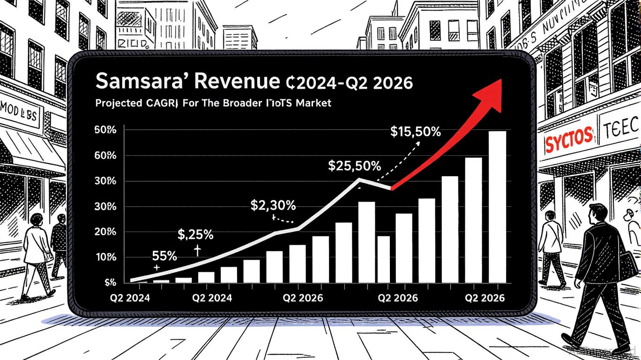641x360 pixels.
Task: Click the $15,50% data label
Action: (415, 132)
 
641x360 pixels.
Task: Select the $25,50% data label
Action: (354, 165)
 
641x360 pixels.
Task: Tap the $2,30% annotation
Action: (273, 205)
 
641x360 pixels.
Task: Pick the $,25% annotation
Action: (196, 233)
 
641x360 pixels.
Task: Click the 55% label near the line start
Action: (164, 256)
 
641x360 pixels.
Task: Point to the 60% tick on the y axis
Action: (105, 156)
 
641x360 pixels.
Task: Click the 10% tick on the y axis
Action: (105, 257)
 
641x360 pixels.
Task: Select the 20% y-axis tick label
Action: (105, 232)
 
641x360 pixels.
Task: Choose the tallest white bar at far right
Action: (497, 206)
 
